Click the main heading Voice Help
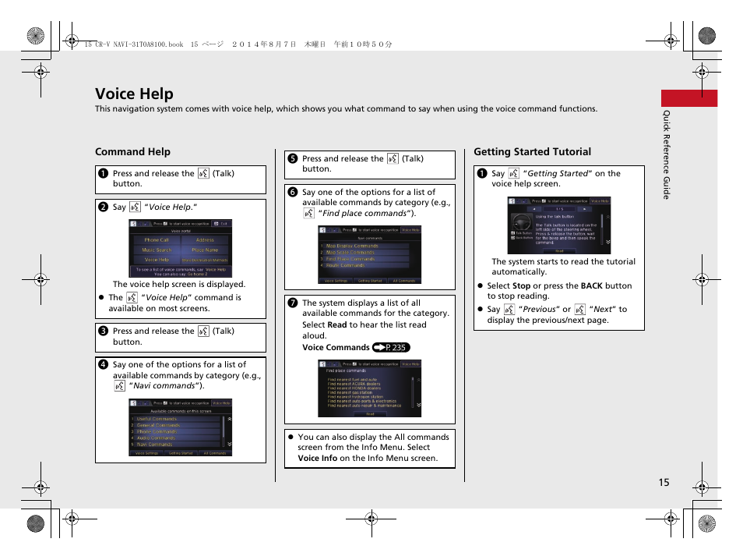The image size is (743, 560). [x=134, y=94]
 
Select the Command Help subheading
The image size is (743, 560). [x=132, y=151]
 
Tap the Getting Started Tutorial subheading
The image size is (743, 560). [x=532, y=151]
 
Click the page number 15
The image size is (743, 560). [x=663, y=482]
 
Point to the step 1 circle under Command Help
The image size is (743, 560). [x=103, y=174]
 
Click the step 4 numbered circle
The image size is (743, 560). [x=103, y=364]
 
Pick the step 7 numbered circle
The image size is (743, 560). [x=292, y=303]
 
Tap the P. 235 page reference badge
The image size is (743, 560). [x=391, y=348]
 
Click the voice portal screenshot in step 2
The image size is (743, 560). [x=181, y=248]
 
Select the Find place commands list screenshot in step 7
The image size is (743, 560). [x=369, y=388]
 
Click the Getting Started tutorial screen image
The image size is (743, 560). [x=559, y=225]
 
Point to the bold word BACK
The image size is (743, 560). [x=591, y=286]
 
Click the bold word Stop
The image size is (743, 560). [x=521, y=286]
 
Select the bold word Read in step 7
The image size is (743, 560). [x=337, y=325]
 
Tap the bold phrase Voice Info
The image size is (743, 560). [x=317, y=458]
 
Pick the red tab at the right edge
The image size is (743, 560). [x=688, y=98]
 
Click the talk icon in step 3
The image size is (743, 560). [x=202, y=331]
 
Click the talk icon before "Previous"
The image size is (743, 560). [x=509, y=310]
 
